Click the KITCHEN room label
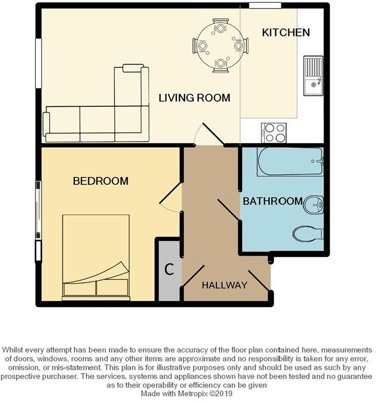coord(286,33)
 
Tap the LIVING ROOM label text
coord(194,98)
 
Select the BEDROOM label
coord(100,181)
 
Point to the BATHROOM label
coord(272,201)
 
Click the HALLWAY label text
coord(224,285)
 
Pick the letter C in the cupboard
coord(169,270)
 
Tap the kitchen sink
coord(313,76)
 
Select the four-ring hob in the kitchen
coord(273,132)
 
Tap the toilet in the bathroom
coord(309,233)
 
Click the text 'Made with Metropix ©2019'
coord(187,393)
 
